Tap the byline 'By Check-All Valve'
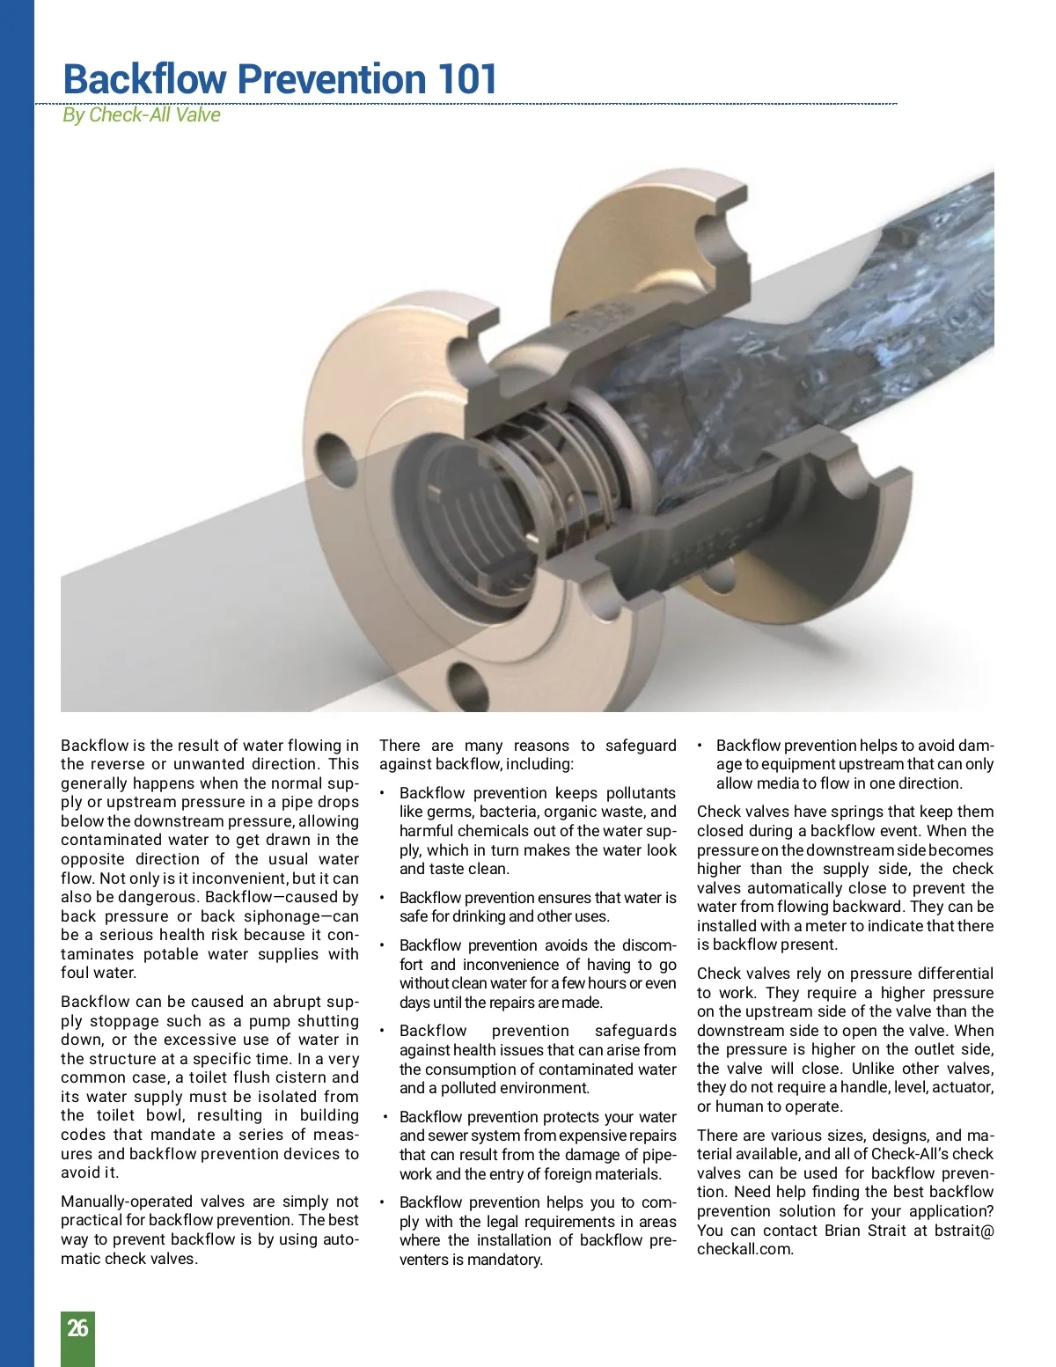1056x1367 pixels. [x=141, y=115]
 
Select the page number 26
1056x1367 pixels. [x=77, y=1328]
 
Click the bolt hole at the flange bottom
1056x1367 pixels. [x=468, y=681]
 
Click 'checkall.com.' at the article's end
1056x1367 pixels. [x=744, y=1249]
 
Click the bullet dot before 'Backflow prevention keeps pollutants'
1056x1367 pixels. [x=383, y=793]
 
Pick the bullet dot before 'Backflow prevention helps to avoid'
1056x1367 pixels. [x=700, y=746]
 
